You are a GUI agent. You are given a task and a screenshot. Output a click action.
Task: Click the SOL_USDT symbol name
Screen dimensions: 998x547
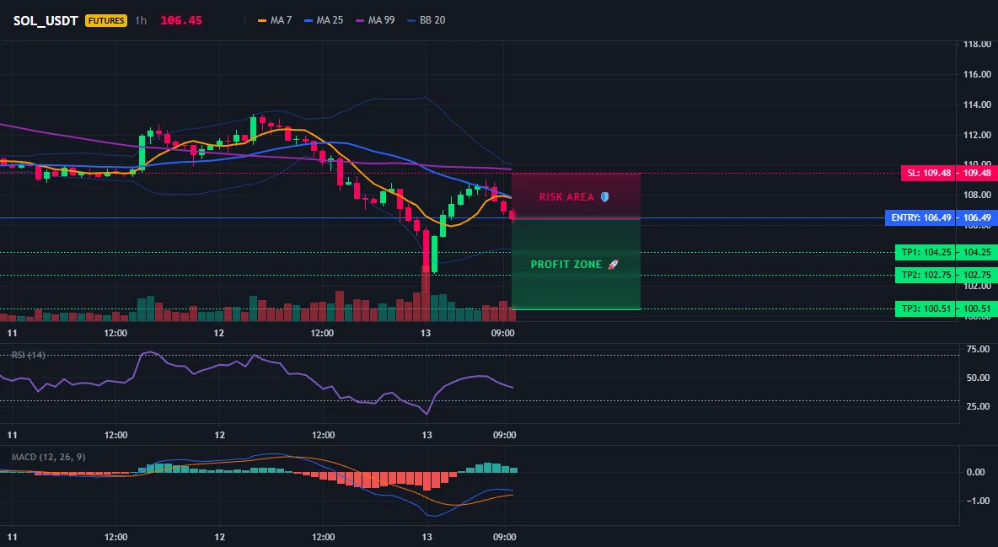46,20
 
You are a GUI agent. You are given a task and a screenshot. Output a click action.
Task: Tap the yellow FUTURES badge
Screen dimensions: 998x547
106,20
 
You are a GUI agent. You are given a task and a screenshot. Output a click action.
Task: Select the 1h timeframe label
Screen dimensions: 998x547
141,20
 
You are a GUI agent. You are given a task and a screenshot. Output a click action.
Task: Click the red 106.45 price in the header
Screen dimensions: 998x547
181,20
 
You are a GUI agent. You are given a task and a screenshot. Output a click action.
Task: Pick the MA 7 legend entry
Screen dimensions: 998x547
274,20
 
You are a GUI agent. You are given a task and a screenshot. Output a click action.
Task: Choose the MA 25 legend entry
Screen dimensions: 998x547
324,20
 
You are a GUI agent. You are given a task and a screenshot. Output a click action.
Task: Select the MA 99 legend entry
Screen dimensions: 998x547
375,20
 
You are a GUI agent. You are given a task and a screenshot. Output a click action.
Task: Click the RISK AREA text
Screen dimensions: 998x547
566,196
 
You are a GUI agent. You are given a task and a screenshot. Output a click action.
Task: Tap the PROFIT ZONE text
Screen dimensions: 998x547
566,265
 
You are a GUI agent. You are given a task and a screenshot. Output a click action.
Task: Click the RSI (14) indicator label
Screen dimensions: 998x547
29,355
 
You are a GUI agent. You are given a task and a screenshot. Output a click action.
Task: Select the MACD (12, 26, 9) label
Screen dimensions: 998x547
48,457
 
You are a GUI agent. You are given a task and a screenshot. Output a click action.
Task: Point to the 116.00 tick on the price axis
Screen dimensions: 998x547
976,74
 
